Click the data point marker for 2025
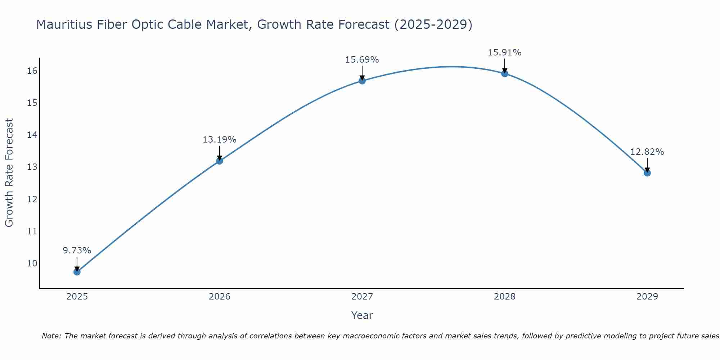click(x=77, y=272)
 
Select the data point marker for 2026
click(x=220, y=161)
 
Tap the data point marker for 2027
click(x=362, y=81)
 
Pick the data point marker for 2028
click(x=505, y=74)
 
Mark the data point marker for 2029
click(x=647, y=173)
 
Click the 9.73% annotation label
click(x=77, y=251)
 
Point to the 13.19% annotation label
click(x=219, y=140)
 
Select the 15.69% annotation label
click(x=362, y=60)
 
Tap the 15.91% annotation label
click(x=504, y=53)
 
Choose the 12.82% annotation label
click(x=647, y=152)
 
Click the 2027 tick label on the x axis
click(x=362, y=297)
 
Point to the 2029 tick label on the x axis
click(x=647, y=297)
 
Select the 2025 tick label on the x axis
click(x=77, y=297)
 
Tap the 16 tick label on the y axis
click(x=32, y=71)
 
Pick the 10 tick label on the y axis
click(x=32, y=263)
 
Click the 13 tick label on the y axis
click(x=32, y=167)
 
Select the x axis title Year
click(x=362, y=315)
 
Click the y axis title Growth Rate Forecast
click(x=9, y=173)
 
